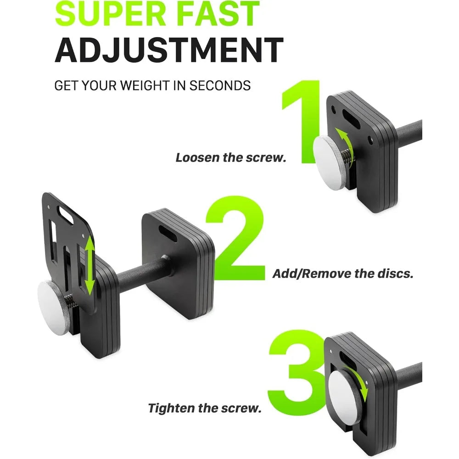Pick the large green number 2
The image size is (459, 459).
pyautogui.click(x=235, y=238)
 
